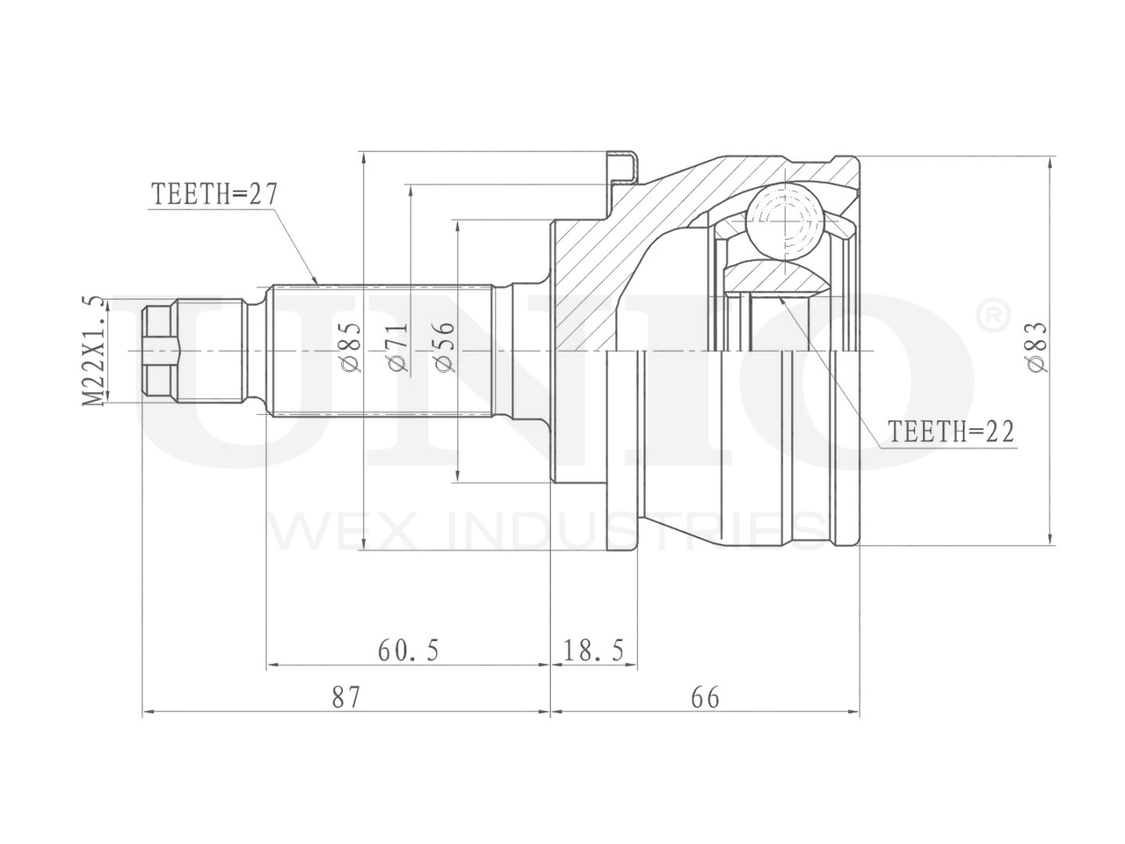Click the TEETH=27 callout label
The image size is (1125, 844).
tap(214, 194)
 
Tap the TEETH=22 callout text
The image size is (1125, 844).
tap(951, 432)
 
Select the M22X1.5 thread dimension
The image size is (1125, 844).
tap(94, 350)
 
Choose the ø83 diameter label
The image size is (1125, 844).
tap(1038, 349)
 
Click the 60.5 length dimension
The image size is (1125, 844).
tap(408, 651)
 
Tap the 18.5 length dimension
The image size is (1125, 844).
tap(593, 651)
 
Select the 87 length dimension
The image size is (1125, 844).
tap(346, 698)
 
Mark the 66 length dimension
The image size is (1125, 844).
tap(705, 698)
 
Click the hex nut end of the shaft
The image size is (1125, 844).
tap(158, 350)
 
